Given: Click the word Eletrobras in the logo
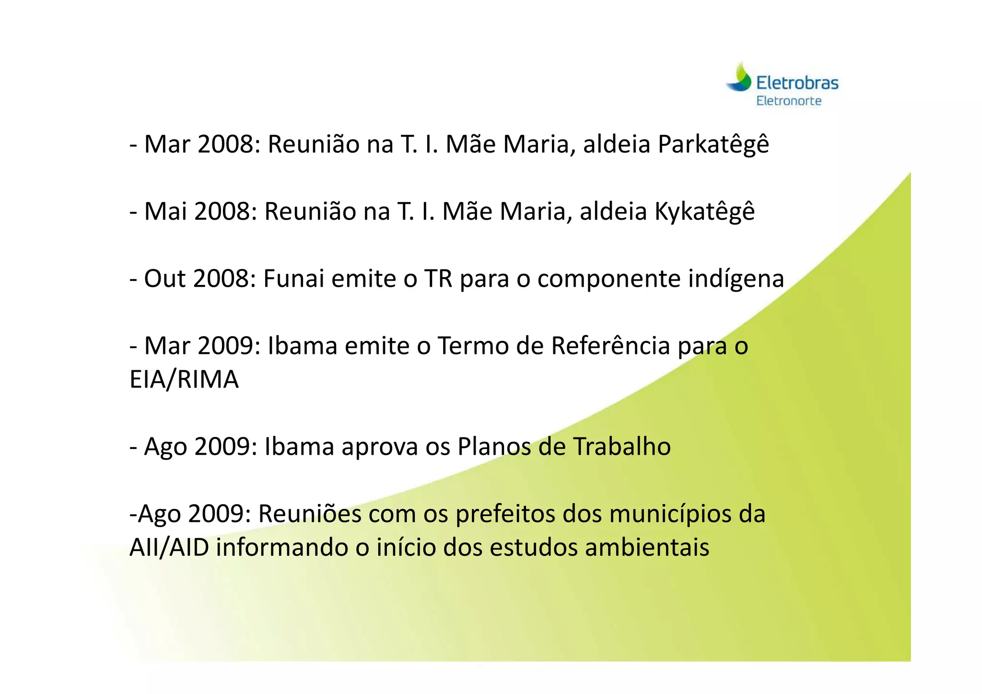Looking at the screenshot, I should (797, 83).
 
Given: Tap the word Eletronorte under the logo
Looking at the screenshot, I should (789, 101).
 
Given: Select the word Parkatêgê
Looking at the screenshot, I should (713, 145).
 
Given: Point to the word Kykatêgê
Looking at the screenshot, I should (704, 212).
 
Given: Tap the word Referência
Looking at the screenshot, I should (610, 346).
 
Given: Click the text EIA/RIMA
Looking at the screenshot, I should (184, 380).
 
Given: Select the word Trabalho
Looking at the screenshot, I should (622, 447).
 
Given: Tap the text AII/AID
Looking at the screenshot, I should (169, 548).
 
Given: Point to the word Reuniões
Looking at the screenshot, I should (310, 514).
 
